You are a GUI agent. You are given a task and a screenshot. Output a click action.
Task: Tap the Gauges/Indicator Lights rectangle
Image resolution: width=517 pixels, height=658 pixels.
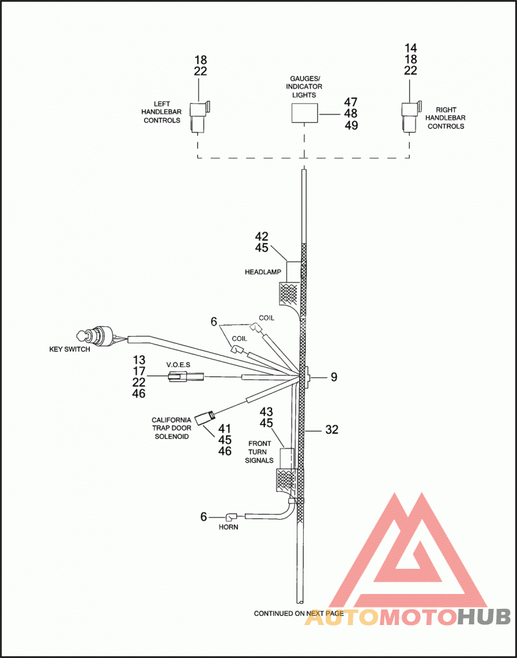point(304,113)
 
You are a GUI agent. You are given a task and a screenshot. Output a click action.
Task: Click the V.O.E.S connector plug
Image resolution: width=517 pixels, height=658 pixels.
point(185,377)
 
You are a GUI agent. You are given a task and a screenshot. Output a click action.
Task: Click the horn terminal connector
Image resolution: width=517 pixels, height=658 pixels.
point(232,516)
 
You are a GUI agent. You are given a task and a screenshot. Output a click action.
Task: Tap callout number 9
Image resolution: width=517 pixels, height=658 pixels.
point(333,377)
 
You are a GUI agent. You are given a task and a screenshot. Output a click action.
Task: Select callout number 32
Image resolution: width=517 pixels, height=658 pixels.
point(332,430)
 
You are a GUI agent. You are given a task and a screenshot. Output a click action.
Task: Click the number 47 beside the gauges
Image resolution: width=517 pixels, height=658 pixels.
point(351,102)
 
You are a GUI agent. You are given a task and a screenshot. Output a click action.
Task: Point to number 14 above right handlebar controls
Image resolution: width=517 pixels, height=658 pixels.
point(410,48)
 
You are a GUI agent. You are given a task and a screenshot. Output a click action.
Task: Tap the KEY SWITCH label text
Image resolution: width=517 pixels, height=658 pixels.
point(70,349)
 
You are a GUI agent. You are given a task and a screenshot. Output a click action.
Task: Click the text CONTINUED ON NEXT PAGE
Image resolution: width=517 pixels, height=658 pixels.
point(299,613)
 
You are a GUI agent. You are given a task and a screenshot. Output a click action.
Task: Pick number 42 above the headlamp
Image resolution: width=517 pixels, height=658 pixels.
point(262,237)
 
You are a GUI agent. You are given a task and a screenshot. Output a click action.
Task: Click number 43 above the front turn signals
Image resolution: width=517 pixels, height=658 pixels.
point(266,412)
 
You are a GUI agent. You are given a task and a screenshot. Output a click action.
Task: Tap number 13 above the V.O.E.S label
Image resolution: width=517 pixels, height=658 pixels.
point(139,359)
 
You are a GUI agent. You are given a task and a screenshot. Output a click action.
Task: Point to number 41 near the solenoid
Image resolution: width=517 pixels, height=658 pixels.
point(225,429)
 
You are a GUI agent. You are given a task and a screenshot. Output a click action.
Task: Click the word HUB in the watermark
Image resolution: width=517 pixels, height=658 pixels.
point(483,617)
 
